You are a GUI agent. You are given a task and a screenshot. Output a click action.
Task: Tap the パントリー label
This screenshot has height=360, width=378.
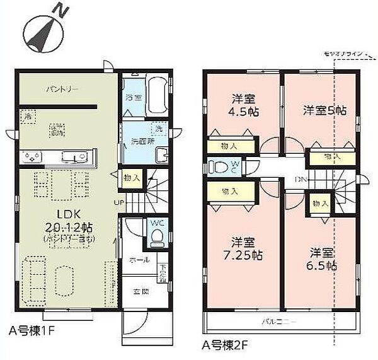coord(62,90)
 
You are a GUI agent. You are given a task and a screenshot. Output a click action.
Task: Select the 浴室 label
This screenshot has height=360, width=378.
coord(132,98)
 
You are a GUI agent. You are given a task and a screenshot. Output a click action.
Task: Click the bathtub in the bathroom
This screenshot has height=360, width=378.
coord(156,96)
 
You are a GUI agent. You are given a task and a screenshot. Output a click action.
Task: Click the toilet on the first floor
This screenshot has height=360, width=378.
coord(156,238)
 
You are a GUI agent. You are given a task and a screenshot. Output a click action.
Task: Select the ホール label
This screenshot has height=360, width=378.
coord(140,260)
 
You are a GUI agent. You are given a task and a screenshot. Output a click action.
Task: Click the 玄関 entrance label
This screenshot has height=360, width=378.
coord(140,291)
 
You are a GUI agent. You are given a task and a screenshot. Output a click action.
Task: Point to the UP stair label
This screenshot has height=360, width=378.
coord(119,202)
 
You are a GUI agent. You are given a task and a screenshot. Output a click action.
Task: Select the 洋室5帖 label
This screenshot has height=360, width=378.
coord(324,111)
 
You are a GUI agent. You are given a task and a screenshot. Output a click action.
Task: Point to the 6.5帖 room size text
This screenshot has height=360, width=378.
coord(323,265)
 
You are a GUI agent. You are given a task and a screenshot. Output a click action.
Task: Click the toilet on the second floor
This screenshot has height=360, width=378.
coord(220,166)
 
